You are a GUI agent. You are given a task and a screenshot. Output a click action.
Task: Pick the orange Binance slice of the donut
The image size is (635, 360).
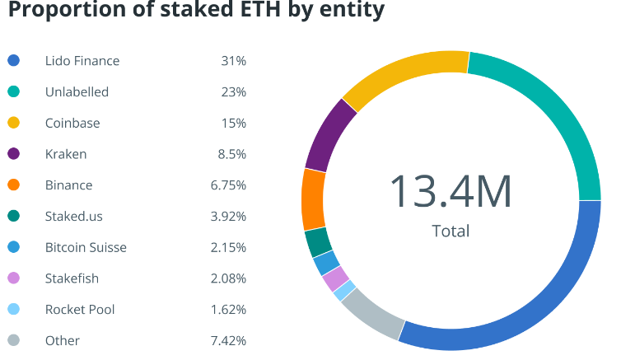(313, 200)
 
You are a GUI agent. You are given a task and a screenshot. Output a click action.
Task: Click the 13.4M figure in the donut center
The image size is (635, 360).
(451, 191)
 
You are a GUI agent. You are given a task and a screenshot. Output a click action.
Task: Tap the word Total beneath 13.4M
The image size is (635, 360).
(451, 231)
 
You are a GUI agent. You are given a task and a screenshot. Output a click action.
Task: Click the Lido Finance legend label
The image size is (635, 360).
(82, 61)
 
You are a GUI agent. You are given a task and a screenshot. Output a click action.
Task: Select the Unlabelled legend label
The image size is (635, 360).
(77, 92)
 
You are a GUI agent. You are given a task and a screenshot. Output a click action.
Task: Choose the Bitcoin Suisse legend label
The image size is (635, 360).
(86, 247)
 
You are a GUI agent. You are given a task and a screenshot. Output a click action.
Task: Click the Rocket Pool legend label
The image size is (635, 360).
(80, 310)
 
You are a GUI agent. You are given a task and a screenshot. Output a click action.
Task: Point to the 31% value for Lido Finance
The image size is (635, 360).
(234, 61)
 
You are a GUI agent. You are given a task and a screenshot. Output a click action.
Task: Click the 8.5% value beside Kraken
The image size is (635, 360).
(231, 154)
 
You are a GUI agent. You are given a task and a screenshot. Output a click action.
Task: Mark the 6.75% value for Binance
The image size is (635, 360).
(228, 185)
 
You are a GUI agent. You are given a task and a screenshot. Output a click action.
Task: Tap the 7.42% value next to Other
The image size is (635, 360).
(228, 340)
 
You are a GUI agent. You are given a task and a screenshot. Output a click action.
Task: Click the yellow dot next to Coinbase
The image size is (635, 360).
(14, 123)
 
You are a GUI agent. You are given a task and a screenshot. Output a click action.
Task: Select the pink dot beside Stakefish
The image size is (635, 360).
(14, 278)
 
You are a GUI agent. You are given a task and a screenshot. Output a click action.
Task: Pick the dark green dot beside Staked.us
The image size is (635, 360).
(14, 216)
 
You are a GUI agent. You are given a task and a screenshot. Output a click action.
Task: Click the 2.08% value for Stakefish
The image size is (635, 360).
(228, 278)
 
